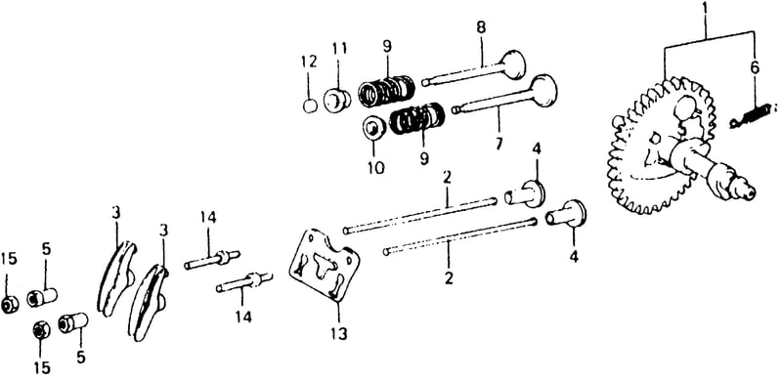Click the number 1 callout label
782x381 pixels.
click(x=705, y=9)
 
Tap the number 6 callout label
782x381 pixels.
click(x=755, y=67)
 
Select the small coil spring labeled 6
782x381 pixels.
click(x=751, y=115)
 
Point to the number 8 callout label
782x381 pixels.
click(x=480, y=28)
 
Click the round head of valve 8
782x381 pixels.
click(x=513, y=63)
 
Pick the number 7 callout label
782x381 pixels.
click(x=499, y=144)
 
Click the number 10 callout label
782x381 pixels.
click(x=376, y=168)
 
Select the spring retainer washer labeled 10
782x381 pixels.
click(x=373, y=129)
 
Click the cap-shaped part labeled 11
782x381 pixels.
click(x=336, y=100)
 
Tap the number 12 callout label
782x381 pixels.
click(x=309, y=62)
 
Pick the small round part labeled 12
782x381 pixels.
click(x=310, y=106)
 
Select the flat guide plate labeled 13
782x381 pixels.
click(x=325, y=265)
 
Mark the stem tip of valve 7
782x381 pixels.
click(x=456, y=109)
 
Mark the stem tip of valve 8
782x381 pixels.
click(x=425, y=81)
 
